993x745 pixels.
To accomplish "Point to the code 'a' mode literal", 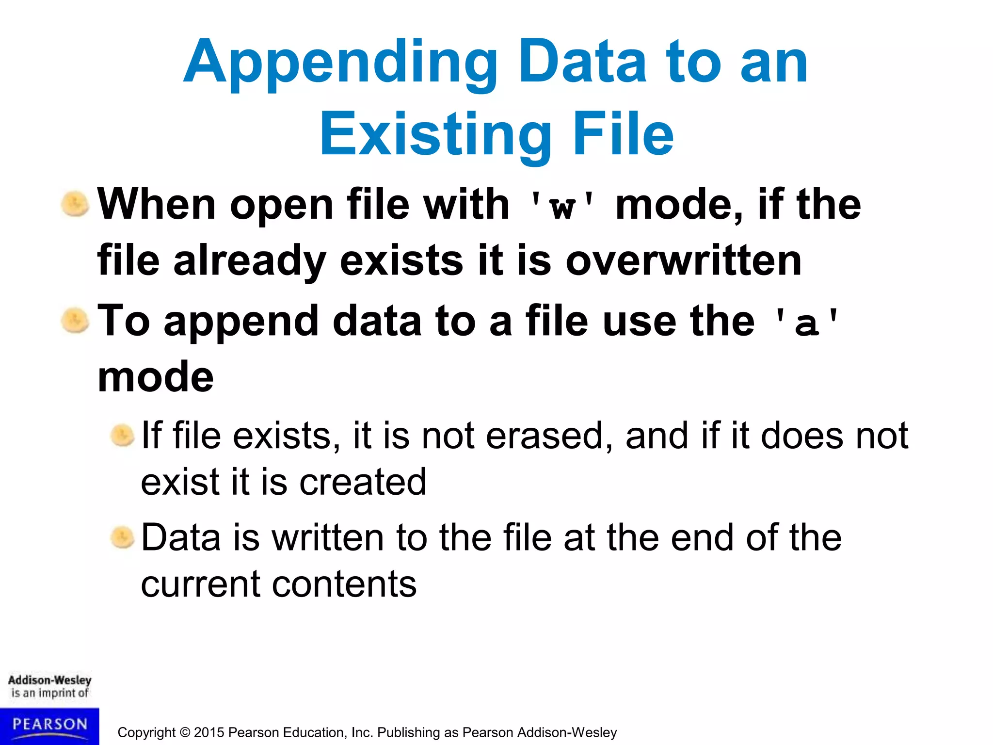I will (x=806, y=322).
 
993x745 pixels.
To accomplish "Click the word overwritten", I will (x=683, y=261).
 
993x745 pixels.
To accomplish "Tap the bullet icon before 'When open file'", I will (x=75, y=204).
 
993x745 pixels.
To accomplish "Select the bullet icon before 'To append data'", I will (x=75, y=321).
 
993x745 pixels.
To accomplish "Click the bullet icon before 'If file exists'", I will (x=122, y=436).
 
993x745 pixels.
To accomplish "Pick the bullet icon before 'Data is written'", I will (x=122, y=538).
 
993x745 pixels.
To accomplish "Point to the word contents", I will (x=344, y=584).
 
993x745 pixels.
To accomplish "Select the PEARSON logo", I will (x=49, y=725).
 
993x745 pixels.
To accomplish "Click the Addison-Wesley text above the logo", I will (x=49, y=680).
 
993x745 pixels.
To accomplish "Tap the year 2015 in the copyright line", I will (x=209, y=732).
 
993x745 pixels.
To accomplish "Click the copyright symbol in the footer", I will (x=185, y=732).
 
